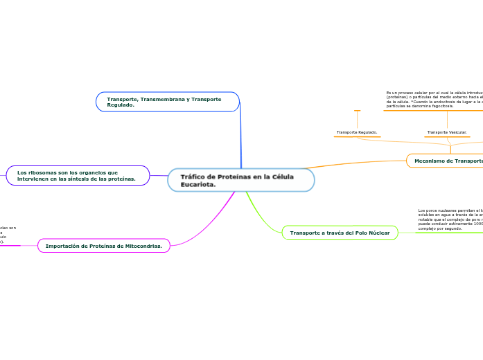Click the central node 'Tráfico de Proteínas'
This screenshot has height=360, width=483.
tap(240, 180)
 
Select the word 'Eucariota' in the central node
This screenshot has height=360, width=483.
tap(193, 185)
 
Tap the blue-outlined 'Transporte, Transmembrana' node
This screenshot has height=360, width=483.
tap(167, 102)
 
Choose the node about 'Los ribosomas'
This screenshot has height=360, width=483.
tap(78, 176)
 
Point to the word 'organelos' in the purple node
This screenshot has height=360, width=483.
tap(100, 172)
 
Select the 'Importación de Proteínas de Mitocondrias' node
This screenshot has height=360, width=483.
tap(103, 246)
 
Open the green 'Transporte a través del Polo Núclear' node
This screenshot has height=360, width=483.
tap(340, 233)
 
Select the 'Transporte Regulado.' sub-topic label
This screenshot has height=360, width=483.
tap(357, 132)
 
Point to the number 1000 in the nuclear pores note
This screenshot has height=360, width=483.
tap(475, 224)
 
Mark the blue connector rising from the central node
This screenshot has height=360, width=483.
tap(240, 138)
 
